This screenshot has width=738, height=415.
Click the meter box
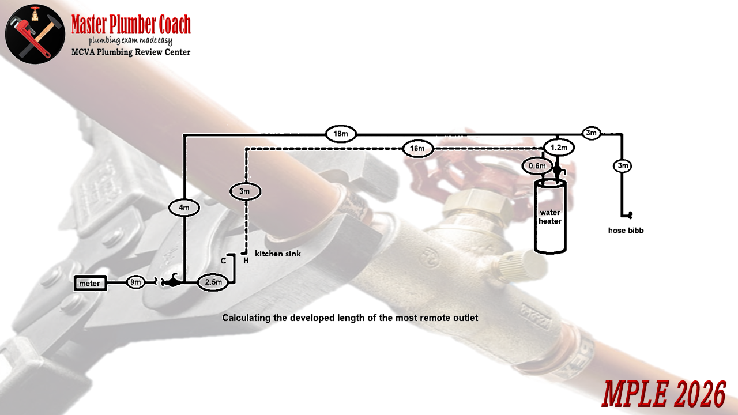(90, 283)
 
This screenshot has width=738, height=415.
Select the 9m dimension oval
(135, 282)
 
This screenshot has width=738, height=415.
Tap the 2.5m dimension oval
(214, 282)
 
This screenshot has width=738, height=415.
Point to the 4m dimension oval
(183, 206)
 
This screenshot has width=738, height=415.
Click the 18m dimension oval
(340, 134)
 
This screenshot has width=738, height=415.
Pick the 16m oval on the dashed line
(417, 149)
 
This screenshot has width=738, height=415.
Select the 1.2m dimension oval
(559, 148)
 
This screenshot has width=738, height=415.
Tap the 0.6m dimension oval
(537, 166)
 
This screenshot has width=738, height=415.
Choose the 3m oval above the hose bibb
(622, 166)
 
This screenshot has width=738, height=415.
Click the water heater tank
(551, 217)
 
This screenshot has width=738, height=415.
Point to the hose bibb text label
(626, 231)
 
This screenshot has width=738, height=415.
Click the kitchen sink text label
(278, 254)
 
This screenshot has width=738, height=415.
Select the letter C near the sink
(223, 261)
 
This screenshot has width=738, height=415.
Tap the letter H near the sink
(246, 261)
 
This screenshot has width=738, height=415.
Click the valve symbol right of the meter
(171, 281)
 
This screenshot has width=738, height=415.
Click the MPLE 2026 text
(664, 395)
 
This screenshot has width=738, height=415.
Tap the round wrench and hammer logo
(35, 33)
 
